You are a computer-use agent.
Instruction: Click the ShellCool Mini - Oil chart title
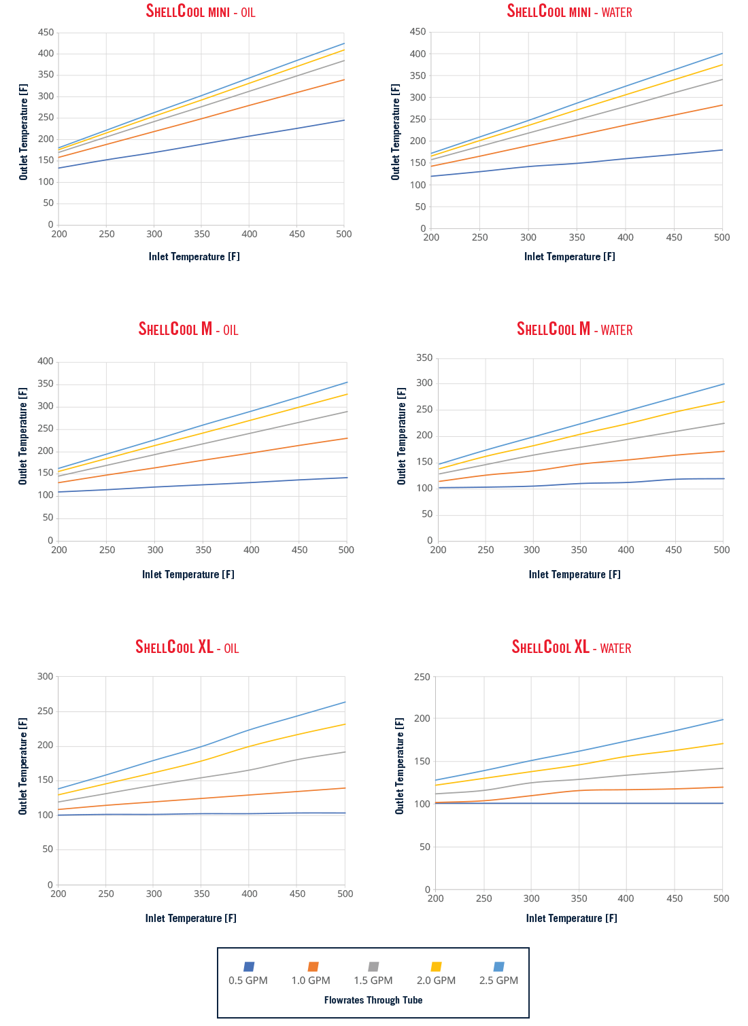pos(201,12)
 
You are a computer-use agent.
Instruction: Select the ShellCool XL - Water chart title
pos(571,647)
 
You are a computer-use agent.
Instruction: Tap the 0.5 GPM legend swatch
pos(249,966)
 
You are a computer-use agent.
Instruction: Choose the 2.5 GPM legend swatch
pos(499,966)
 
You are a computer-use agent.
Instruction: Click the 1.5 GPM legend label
pos(373,980)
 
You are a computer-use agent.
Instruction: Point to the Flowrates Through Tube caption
pos(373,1000)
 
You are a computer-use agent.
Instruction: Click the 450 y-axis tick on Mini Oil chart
pos(46,32)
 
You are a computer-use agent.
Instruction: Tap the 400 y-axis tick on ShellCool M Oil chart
pos(46,361)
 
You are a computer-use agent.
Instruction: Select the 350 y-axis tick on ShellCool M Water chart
pos(424,357)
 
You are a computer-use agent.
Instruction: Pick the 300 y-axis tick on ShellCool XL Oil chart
pos(46,676)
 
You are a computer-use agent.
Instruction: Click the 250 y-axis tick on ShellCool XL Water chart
pos(422,677)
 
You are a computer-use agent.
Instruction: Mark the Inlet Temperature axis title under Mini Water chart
pos(570,256)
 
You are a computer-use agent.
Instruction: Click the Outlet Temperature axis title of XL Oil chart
pos(23,766)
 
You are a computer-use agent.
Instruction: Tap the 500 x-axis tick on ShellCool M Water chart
pos(721,550)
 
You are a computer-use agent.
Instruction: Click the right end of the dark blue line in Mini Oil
pos(344,120)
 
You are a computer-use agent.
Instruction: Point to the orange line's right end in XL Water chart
pos(722,787)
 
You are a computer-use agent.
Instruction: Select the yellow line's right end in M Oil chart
pos(347,394)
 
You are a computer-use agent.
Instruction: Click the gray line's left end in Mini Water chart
pos(432,160)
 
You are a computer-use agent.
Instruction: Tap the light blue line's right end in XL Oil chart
pos(345,702)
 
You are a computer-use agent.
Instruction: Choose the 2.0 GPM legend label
pos(436,980)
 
